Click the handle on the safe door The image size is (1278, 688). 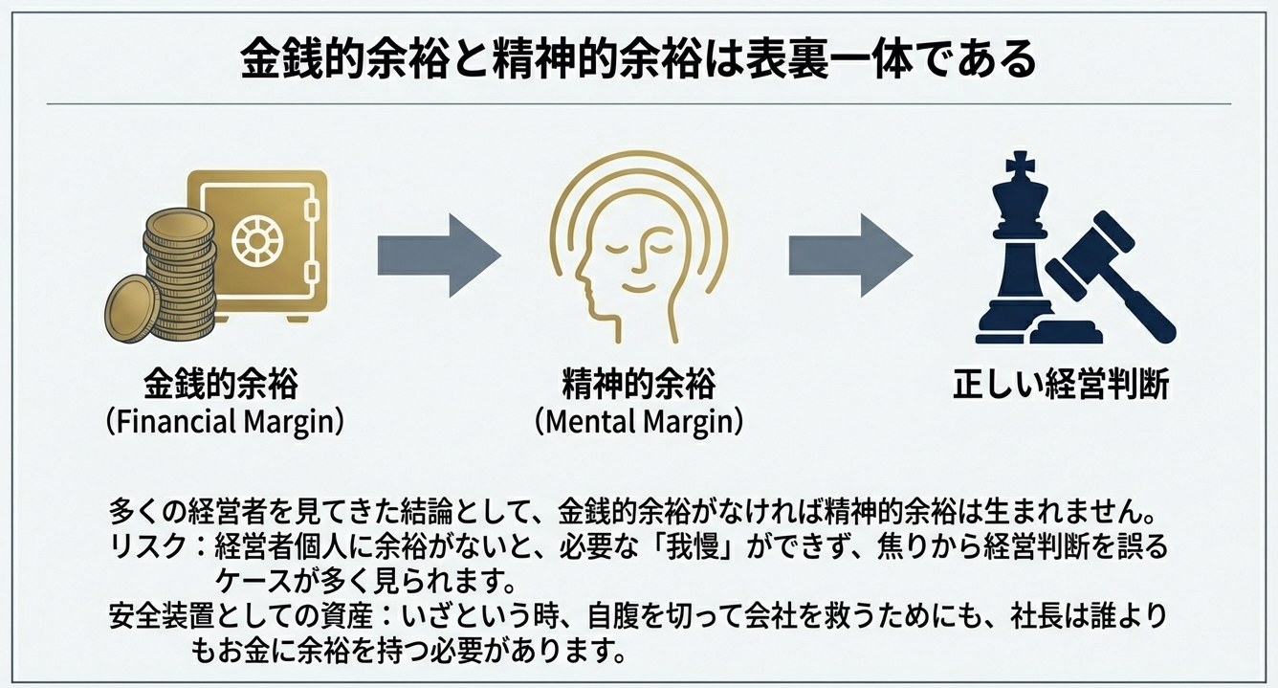click(309, 207)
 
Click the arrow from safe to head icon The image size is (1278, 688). click(439, 255)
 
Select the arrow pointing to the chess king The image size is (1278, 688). click(850, 255)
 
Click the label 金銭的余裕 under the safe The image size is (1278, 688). click(221, 385)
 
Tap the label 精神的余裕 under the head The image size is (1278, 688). click(638, 385)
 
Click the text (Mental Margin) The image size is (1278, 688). click(638, 421)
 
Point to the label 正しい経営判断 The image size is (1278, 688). click(1060, 385)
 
